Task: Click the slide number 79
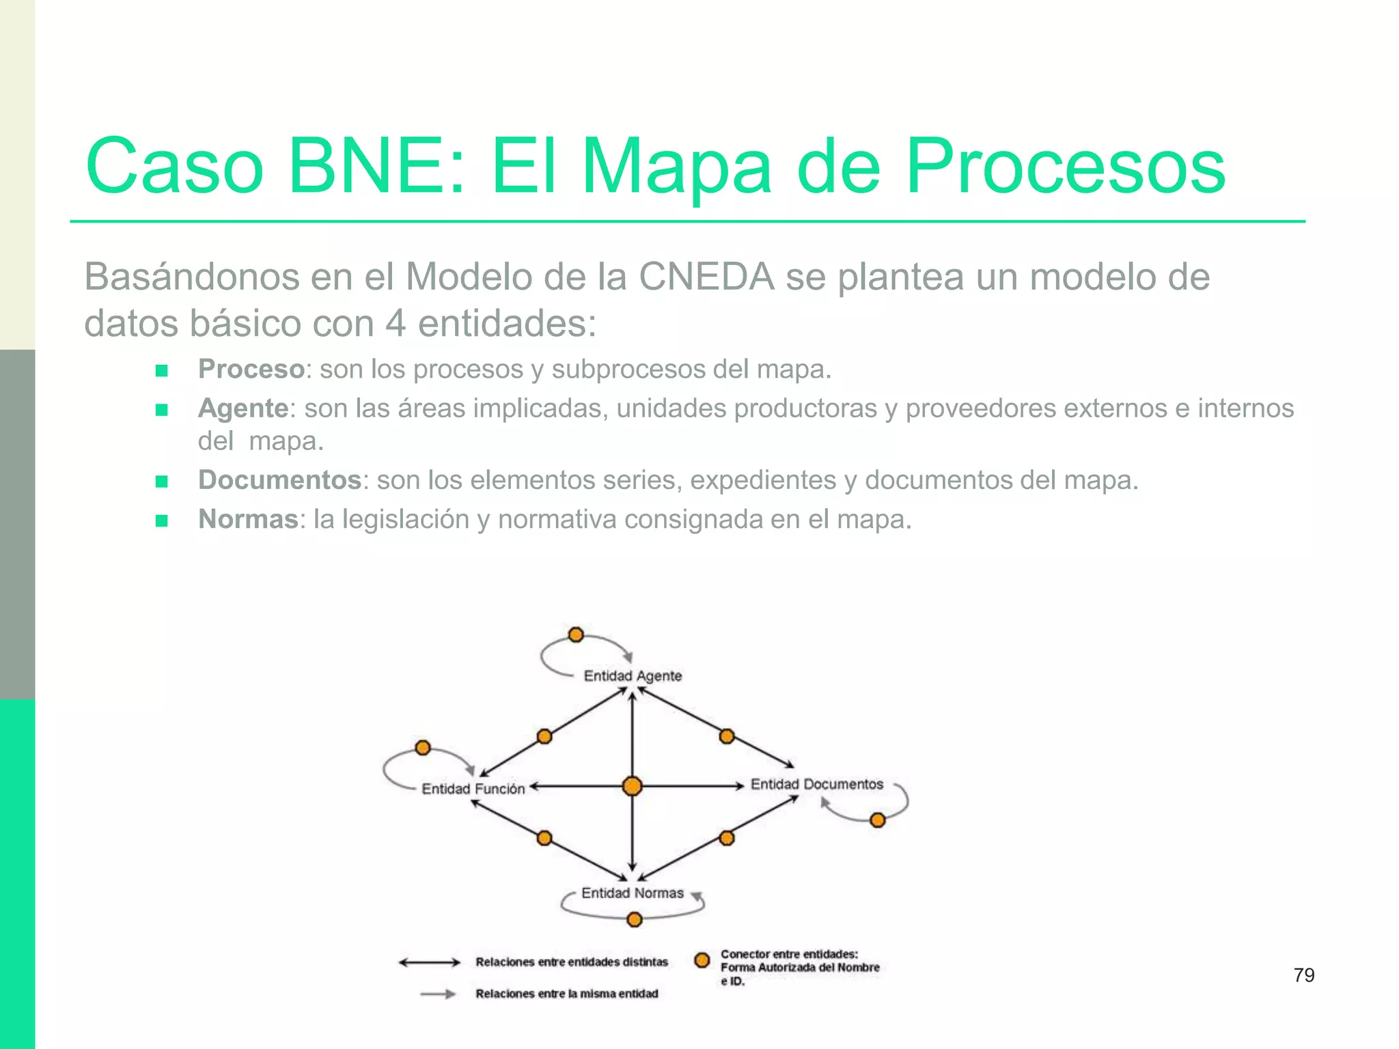1303,975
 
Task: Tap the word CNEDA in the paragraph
706,277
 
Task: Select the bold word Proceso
251,369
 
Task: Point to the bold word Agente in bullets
243,408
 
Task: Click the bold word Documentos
279,480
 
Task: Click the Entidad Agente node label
633,676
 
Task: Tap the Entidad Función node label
473,789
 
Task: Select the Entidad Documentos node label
817,785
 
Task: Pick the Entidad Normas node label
632,893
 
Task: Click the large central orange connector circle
633,787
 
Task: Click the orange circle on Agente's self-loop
576,635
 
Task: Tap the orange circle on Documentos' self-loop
878,820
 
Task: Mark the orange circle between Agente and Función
544,737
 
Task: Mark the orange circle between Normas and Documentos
727,838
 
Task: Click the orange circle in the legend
702,960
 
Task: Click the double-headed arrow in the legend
430,963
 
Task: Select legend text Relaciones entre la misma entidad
567,994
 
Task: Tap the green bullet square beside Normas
162,521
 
